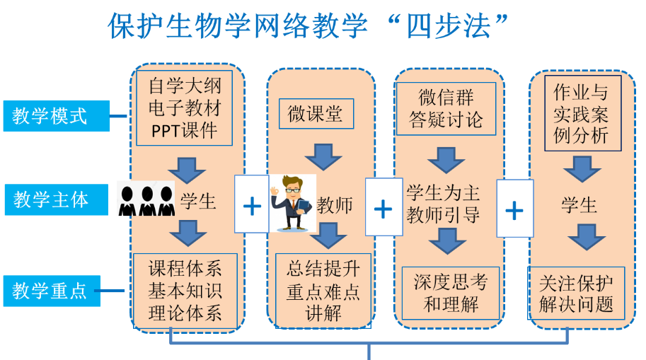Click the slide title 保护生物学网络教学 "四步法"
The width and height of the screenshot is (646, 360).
[x=309, y=26]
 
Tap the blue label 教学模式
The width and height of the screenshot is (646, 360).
[x=56, y=116]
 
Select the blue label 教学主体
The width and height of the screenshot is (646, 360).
[x=56, y=199]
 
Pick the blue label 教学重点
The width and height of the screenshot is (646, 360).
[x=56, y=290]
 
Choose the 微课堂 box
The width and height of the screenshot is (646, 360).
[x=316, y=114]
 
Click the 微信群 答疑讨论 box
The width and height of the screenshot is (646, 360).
[x=446, y=108]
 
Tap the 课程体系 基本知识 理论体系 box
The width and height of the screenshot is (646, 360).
[x=185, y=290]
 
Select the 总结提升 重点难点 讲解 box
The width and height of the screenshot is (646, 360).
[x=323, y=291]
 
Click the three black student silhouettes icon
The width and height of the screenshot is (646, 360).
[x=146, y=200]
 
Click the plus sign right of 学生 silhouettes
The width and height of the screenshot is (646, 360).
[x=251, y=205]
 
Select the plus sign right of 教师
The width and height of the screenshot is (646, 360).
[x=383, y=208]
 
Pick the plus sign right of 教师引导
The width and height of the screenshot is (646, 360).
[x=514, y=209]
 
